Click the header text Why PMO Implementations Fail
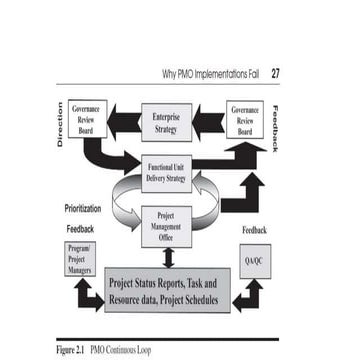coord(212,74)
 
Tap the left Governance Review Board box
coord(86,120)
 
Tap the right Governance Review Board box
coord(245,120)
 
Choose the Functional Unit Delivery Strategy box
coord(166,173)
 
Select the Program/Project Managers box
coord(79,259)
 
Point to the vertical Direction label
coord(59,124)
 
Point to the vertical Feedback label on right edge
coord(275,124)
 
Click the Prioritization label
coord(82,209)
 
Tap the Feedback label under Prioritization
coord(80,229)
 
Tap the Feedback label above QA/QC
coord(253,229)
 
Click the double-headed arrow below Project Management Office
coord(166,258)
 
